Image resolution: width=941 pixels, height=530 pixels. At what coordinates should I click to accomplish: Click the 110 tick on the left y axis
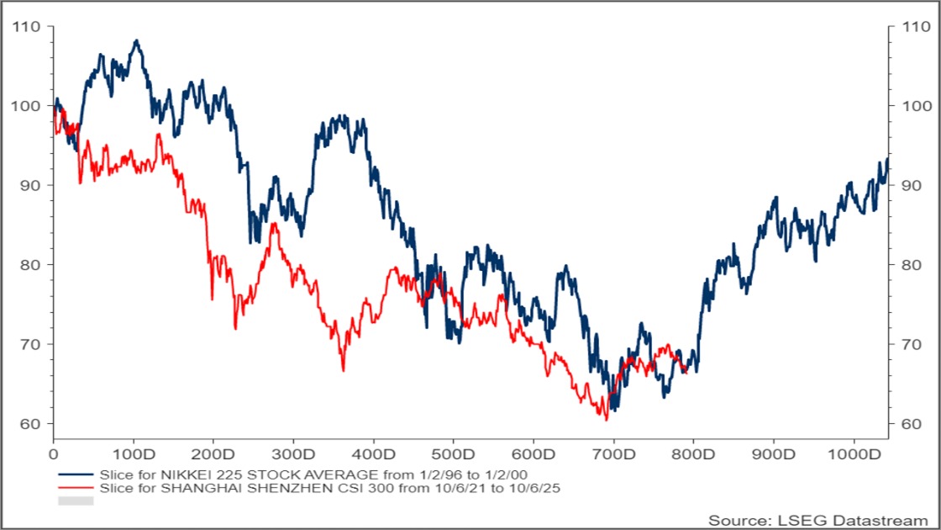pos(27,26)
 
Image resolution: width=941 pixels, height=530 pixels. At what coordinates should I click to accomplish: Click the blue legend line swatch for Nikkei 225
pos(75,474)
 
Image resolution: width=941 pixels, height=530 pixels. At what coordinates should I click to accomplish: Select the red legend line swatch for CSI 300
pos(75,487)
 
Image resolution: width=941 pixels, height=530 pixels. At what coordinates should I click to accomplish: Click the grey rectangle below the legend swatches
pos(75,501)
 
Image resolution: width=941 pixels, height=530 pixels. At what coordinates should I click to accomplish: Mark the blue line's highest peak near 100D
pos(136,40)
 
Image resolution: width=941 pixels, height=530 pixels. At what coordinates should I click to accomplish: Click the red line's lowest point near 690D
pos(606,419)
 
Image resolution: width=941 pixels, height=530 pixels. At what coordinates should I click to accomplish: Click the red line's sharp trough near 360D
pos(343,370)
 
